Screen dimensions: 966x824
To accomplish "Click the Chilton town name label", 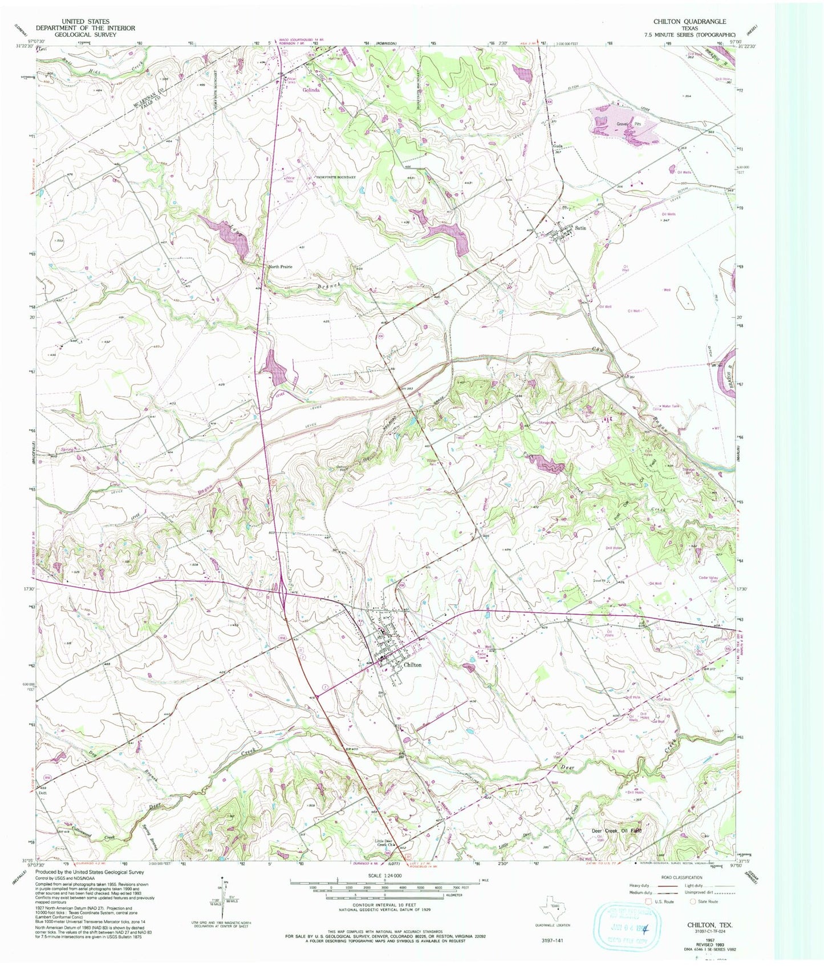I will click(412, 665).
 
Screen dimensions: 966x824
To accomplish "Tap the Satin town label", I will click(581, 228).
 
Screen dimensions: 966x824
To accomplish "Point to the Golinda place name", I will click(311, 90).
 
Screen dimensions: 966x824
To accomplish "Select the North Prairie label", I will click(281, 266).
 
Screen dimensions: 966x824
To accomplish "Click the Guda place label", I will click(558, 146).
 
